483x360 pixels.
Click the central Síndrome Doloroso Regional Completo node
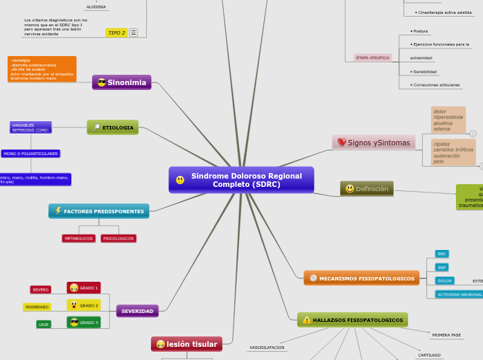coord(242,180)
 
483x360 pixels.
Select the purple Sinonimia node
coord(122,82)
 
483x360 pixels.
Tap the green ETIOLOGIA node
coord(113,127)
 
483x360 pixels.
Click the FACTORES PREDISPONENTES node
coord(99,211)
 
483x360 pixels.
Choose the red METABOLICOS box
coord(78,238)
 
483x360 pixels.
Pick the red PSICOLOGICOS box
coord(118,238)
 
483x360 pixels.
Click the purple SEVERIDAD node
coord(137,311)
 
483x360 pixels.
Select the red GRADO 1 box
coord(84,287)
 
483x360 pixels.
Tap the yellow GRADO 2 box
coord(84,305)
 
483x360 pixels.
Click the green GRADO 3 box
coord(84,323)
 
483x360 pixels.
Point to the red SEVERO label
coord(40,289)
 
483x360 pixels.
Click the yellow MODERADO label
coord(37,307)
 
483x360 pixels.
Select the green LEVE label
coord(44,324)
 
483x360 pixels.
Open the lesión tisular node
coord(186,344)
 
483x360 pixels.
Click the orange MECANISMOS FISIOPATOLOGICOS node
coord(362,278)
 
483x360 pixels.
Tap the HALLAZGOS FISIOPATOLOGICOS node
coord(353,320)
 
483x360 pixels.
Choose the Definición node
coord(367,189)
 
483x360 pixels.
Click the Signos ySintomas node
coord(374,143)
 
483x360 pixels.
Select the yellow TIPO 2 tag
coord(116,33)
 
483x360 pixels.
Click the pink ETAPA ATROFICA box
coord(373,58)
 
